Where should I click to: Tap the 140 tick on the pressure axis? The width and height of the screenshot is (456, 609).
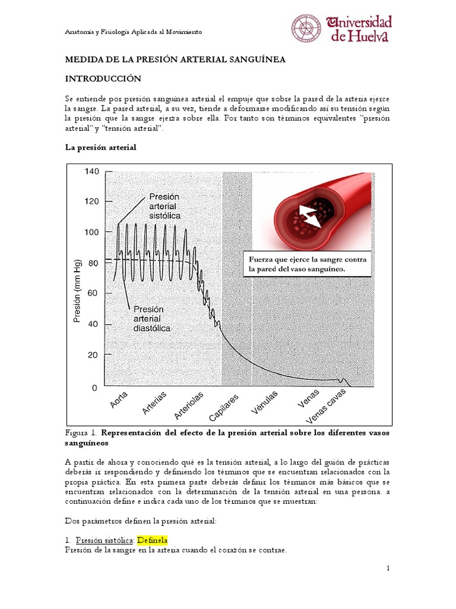point(91,171)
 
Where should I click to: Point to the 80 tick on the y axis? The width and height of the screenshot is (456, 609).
point(93,262)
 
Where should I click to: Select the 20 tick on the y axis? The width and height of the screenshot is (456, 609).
point(93,355)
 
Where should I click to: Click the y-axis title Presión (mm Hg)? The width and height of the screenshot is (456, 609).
point(77,294)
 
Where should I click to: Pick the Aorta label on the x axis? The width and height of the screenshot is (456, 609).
point(119,399)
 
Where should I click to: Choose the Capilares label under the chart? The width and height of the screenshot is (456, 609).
point(224,407)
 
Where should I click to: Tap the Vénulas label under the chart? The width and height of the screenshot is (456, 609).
point(265,403)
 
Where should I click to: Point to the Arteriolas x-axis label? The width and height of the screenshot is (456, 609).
point(189,405)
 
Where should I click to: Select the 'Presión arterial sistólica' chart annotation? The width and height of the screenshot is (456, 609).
point(164,206)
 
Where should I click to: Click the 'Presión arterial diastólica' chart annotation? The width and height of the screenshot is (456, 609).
point(152,319)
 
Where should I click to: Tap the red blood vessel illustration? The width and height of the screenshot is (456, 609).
point(315,211)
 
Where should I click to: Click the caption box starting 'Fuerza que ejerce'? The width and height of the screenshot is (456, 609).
point(308,265)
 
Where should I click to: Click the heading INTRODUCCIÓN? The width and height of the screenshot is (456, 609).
point(103,79)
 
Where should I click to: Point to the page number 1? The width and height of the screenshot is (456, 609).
point(388,569)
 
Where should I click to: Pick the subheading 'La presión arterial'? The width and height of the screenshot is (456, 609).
point(100,147)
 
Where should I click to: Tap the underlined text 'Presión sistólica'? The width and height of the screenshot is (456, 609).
point(104,540)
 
